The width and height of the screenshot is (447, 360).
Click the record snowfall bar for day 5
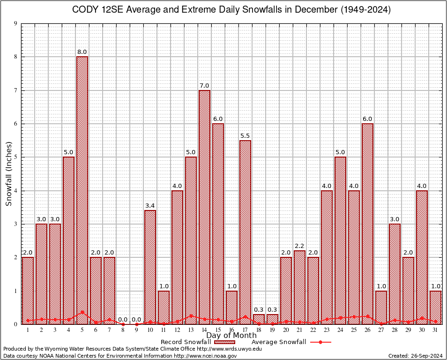pos(82,187)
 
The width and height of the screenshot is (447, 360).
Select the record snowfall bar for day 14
pos(204,206)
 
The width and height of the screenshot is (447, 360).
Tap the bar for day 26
pos(367,220)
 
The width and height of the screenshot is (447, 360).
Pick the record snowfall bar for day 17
pos(245,230)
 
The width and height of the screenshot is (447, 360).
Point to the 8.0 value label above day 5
pos(82,52)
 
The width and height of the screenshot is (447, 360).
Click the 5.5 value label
pos(245,135)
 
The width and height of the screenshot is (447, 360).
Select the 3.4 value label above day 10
pos(150,205)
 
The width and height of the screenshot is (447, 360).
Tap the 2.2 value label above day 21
pos(299,246)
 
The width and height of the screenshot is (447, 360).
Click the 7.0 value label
pos(204,85)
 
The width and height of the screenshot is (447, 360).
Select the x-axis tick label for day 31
pos(435,330)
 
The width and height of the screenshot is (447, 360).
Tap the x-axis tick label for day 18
pos(259,330)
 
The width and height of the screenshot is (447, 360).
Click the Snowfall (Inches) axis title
pos(9,174)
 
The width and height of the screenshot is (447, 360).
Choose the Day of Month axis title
pos(231,335)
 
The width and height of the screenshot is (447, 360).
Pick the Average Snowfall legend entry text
pos(278,342)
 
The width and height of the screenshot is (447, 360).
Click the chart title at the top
pos(231,10)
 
